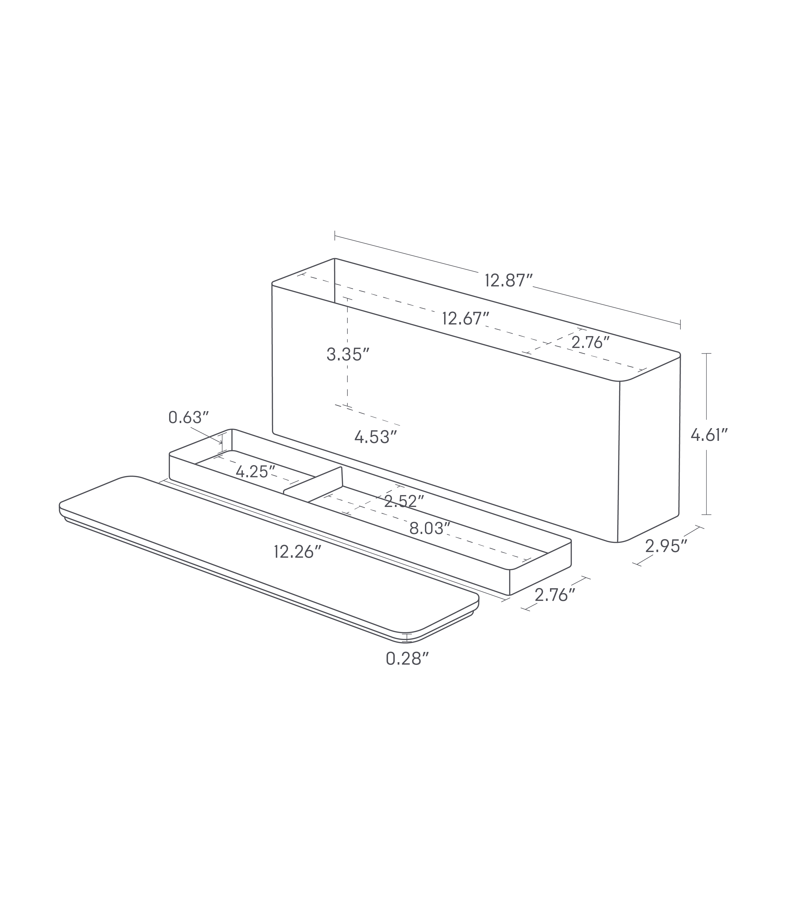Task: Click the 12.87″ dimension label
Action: (509, 280)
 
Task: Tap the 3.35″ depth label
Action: (344, 354)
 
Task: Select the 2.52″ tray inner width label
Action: (404, 501)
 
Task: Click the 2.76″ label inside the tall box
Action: (591, 342)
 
